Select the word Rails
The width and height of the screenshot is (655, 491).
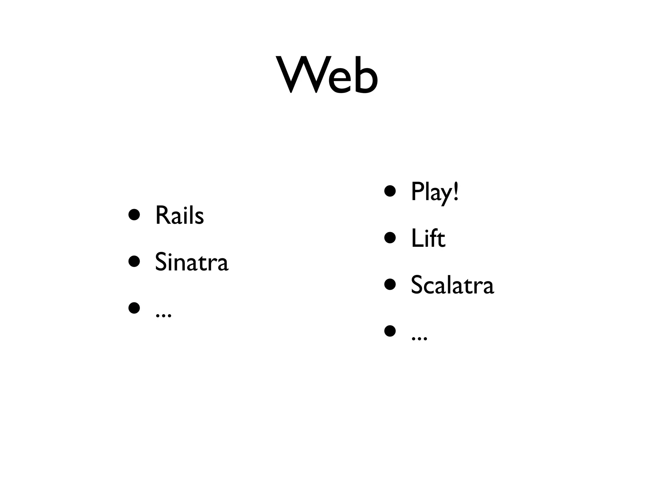(179, 215)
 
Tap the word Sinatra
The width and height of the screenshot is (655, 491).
(192, 262)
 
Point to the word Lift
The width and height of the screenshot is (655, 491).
(428, 238)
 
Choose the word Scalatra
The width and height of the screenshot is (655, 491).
(452, 285)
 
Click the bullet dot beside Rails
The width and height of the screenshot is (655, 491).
(134, 215)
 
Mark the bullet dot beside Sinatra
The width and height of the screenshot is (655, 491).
(134, 261)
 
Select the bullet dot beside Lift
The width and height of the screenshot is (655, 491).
(390, 238)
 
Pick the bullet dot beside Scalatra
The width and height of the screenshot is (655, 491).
(390, 284)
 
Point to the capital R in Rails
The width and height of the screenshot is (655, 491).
(162, 215)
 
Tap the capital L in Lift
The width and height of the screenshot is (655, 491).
(416, 238)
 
